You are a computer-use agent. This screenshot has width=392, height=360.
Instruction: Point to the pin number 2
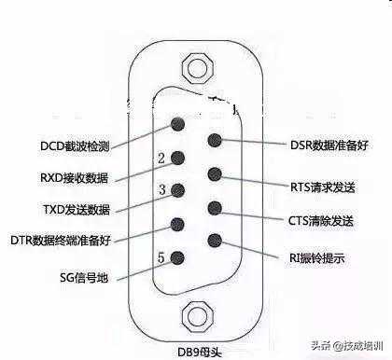pos(161,159)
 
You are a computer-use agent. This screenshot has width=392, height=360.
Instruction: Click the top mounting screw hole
pos(197,67)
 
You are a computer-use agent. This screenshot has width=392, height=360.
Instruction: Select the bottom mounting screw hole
pos(197,314)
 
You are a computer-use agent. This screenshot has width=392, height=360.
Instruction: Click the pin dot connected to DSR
pos(216,141)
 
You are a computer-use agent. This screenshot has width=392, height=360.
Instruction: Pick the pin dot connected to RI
pos(216,240)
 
